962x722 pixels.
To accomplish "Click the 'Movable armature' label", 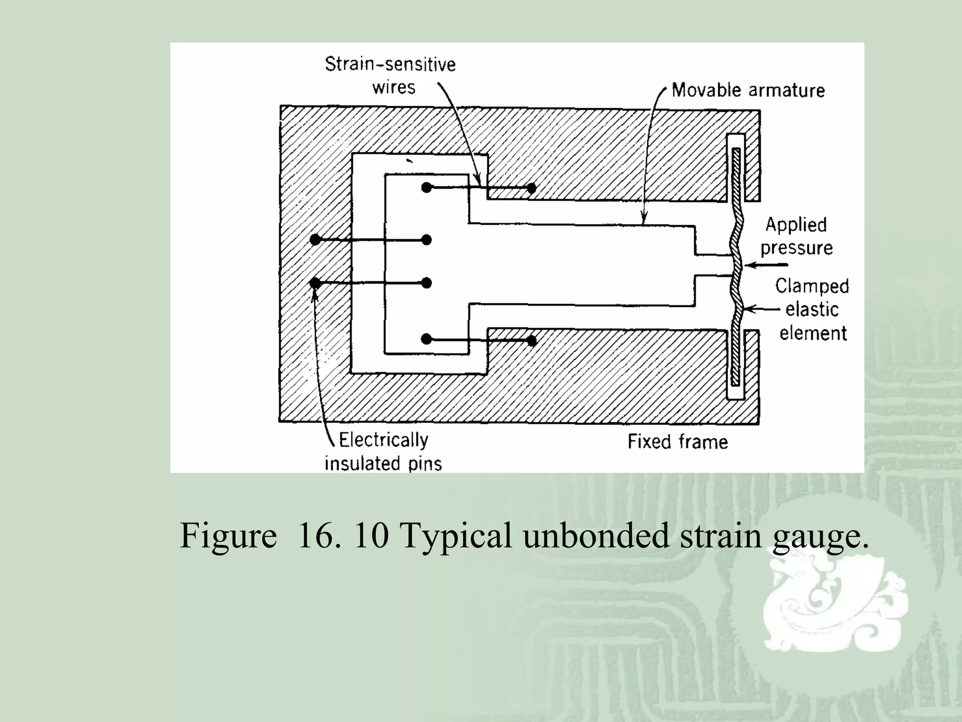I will click(748, 90).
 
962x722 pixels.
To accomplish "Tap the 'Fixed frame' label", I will click(678, 442).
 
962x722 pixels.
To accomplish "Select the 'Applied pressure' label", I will click(796, 236).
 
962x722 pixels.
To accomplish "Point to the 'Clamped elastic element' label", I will click(812, 309).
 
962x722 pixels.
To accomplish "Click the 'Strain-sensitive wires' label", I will click(390, 76).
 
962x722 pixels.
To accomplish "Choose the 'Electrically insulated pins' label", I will click(383, 451).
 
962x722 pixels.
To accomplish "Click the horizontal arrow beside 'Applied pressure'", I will click(766, 265).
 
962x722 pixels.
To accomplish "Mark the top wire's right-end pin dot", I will click(531, 188).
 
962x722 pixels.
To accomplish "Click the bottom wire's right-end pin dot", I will click(532, 340).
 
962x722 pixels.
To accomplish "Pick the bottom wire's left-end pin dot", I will click(426, 339).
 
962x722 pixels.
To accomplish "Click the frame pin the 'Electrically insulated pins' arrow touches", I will click(315, 283).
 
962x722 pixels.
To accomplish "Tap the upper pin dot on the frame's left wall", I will click(315, 240).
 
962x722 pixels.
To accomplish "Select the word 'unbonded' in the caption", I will click(596, 535).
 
